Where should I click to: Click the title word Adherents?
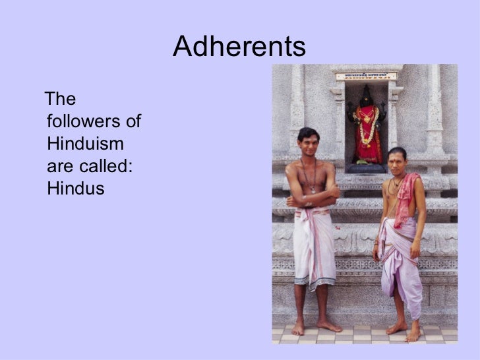coord(239,47)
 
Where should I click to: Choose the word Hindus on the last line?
coord(76,189)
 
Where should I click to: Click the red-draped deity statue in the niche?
coord(368,129)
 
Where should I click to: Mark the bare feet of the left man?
coord(315,326)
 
